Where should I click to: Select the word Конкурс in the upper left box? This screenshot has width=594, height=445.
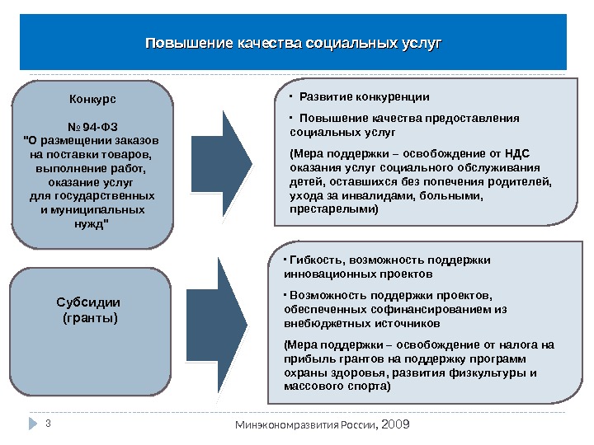(x=92, y=99)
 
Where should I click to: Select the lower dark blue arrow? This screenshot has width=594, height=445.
(x=221, y=330)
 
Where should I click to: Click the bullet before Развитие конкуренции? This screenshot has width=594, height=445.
(x=290, y=96)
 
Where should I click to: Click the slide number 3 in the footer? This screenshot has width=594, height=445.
(x=49, y=424)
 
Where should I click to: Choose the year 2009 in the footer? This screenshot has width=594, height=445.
(x=398, y=424)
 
